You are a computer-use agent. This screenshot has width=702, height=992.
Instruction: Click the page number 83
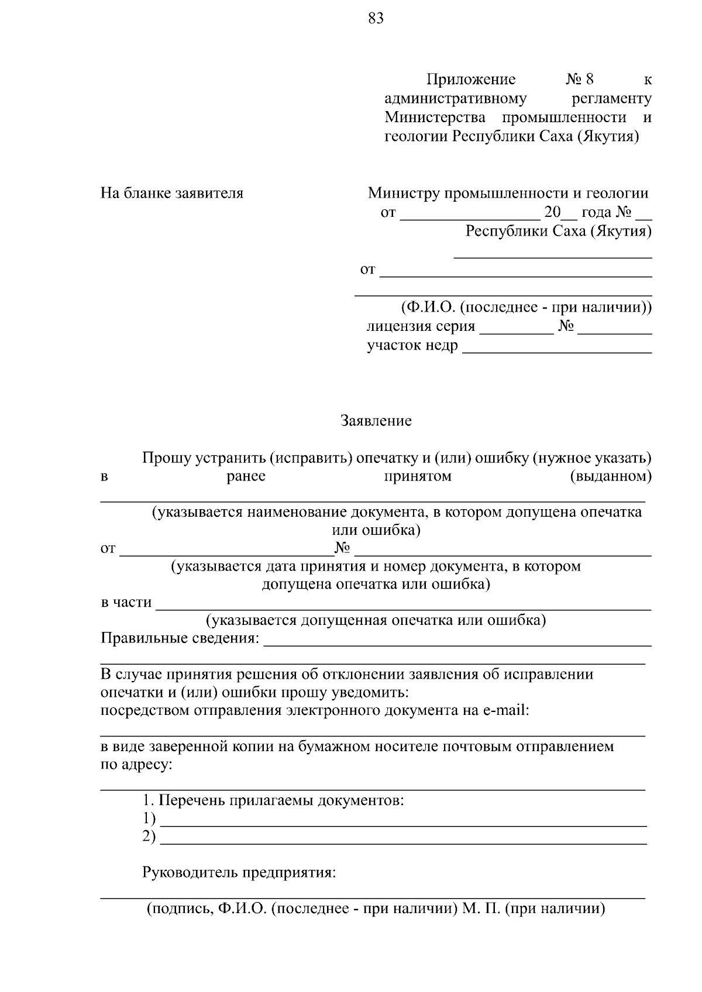pos(376,19)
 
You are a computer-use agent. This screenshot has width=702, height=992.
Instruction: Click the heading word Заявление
pos(376,421)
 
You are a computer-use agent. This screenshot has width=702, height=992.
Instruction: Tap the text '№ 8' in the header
pos(580,80)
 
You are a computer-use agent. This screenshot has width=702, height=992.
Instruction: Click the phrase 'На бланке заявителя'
pos(172,193)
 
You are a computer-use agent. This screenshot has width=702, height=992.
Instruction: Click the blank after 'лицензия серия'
pos(516,329)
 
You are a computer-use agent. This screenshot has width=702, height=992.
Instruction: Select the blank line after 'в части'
pos(404,604)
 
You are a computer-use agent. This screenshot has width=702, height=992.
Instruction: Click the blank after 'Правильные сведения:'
pos(457,640)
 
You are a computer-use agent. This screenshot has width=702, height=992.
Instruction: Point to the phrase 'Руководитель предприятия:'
pos(239,873)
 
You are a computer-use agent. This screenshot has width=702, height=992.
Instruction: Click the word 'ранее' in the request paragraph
pos(246,476)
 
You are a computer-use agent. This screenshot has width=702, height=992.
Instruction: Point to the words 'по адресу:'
pos(136,765)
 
